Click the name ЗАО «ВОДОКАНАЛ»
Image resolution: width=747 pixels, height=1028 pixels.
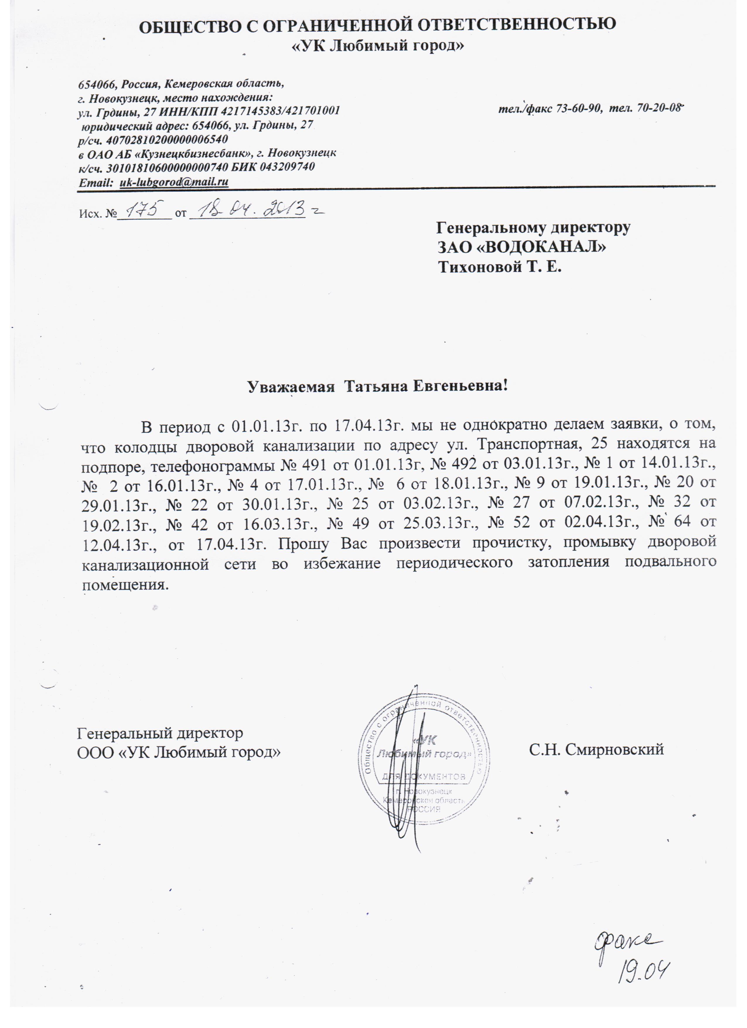pyautogui.click(x=521, y=247)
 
